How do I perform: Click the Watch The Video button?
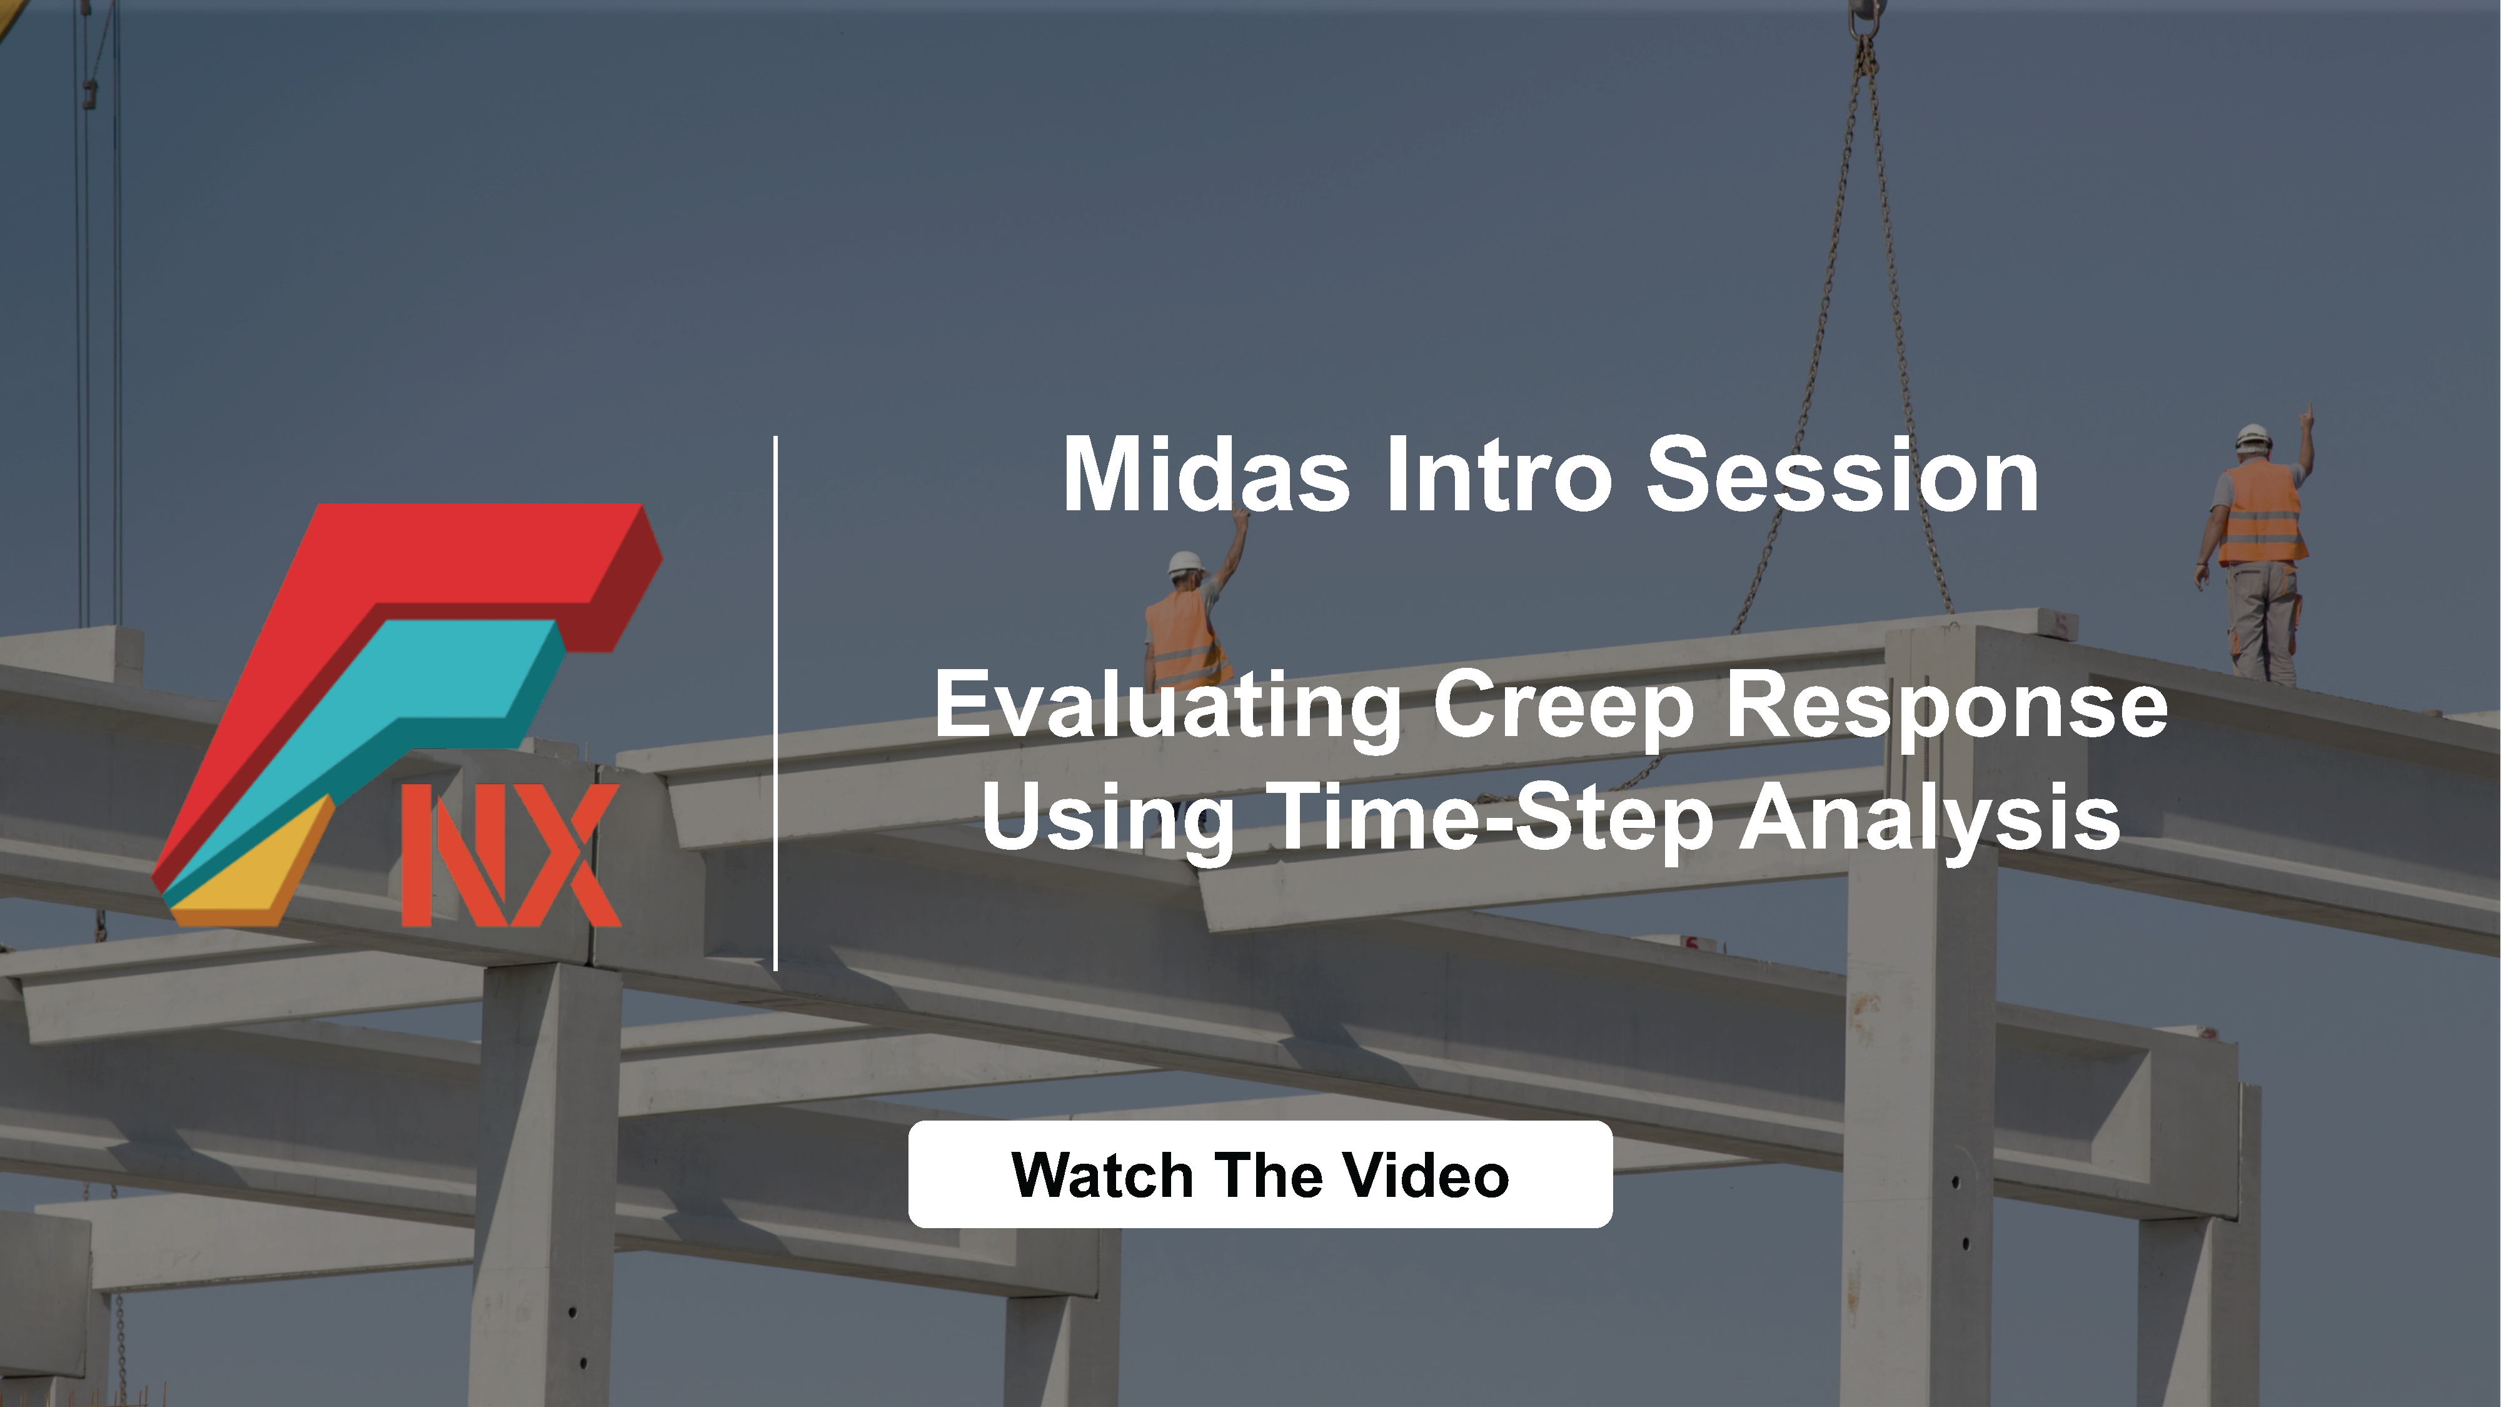tap(1261, 1174)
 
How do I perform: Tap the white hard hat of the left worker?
tap(1185, 562)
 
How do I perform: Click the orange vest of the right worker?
tap(2261, 513)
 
